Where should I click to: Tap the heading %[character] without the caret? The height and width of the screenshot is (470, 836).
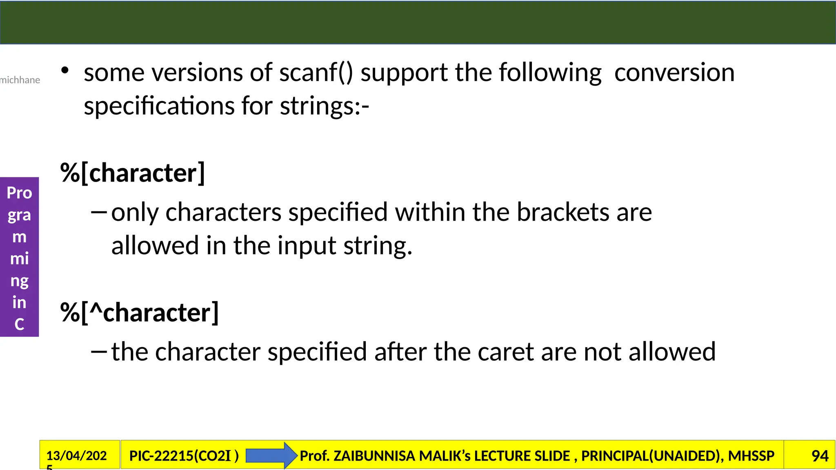coord(133,173)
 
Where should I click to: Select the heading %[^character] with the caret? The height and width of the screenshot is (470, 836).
coord(140,313)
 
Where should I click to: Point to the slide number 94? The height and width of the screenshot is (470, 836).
coord(820,456)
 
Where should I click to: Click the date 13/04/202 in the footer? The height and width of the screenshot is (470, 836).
coord(76,456)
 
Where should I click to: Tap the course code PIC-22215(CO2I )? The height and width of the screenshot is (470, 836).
coord(184,456)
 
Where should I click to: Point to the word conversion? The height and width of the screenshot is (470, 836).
coord(674,73)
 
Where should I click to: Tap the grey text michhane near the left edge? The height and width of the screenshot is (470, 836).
coord(20,80)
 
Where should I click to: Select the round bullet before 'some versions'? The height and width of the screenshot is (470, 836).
coord(65,71)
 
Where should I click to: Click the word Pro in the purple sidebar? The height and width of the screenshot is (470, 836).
coord(19,193)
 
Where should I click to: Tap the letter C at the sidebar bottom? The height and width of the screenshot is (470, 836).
coord(19,324)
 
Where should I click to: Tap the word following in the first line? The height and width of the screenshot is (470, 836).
coord(550,73)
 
